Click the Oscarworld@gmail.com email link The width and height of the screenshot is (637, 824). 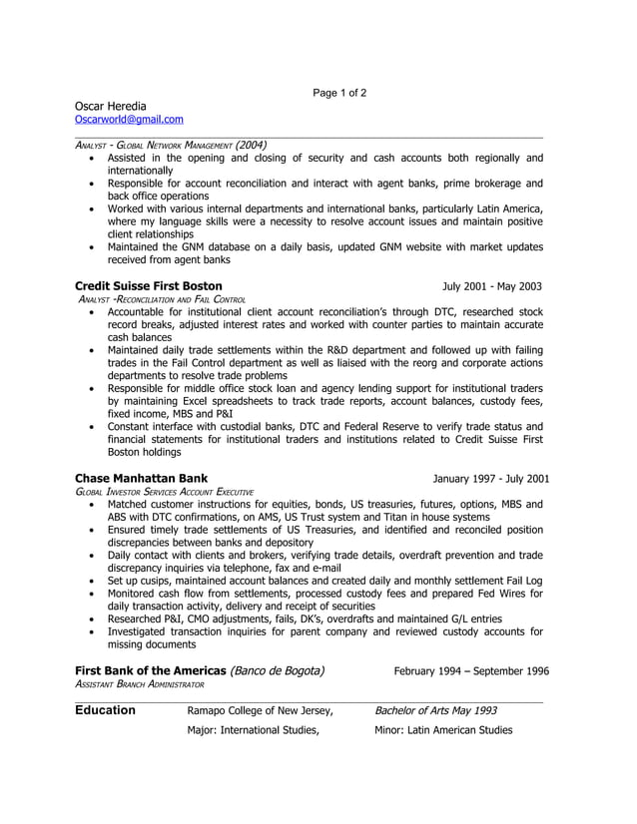[x=129, y=120]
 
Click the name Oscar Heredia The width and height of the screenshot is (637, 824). [x=110, y=106]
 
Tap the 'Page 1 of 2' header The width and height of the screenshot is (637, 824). [x=339, y=93]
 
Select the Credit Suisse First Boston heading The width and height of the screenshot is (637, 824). [x=149, y=286]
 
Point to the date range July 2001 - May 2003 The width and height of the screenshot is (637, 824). [x=492, y=286]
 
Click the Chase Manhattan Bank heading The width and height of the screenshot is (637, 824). [x=142, y=478]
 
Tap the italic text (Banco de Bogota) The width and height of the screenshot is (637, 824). [x=278, y=670]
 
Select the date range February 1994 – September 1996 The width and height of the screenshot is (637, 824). [x=471, y=670]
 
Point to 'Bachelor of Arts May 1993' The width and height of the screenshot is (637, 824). [x=435, y=710]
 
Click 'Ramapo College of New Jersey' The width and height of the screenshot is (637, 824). [x=260, y=710]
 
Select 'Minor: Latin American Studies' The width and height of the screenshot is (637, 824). [x=443, y=730]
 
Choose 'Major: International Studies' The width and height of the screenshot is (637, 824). [x=253, y=730]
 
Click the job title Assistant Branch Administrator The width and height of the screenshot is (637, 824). [x=140, y=684]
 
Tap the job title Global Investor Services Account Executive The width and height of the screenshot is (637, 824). [x=165, y=492]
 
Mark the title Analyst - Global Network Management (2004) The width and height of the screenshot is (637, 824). [x=171, y=145]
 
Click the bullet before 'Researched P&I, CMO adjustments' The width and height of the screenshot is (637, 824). [x=93, y=619]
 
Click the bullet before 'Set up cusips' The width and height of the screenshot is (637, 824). [x=93, y=581]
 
